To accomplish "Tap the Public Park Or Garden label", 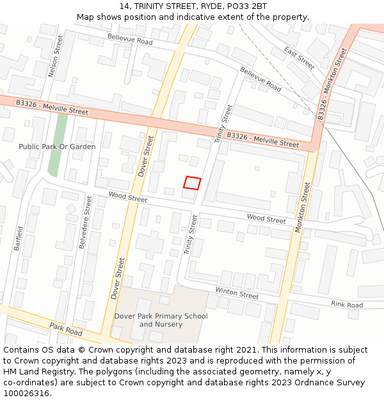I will tap(57, 147).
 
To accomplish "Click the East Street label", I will tap(300, 58).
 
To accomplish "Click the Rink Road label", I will tap(346, 305).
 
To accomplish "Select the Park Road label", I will tap(66, 330).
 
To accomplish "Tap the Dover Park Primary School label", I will tap(161, 316).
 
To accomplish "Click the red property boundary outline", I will tap(192, 183).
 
